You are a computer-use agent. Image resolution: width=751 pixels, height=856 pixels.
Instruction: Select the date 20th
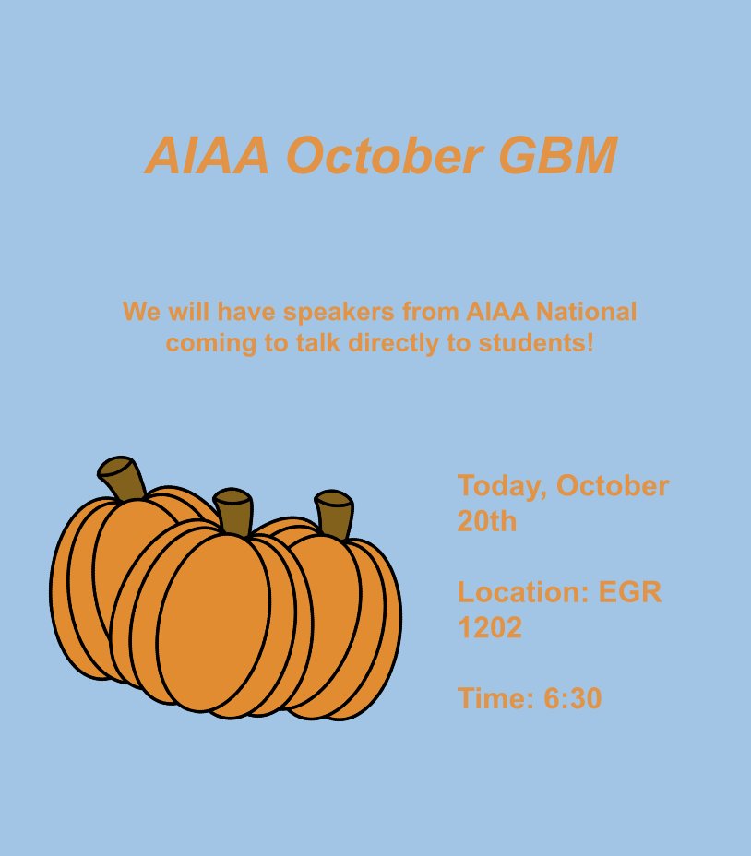pyautogui.click(x=487, y=522)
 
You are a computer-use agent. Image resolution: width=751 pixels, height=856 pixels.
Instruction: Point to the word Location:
pyautogui.click(x=524, y=592)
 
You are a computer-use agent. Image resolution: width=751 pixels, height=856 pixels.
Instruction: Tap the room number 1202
pyautogui.click(x=490, y=628)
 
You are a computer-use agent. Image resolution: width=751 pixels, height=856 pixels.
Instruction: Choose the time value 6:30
pyautogui.click(x=573, y=699)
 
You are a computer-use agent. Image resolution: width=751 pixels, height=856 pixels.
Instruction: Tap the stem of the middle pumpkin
pyautogui.click(x=233, y=511)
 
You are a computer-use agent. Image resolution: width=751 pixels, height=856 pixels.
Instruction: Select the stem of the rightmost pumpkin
pyautogui.click(x=335, y=516)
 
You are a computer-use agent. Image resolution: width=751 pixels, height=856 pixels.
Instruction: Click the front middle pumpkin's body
pyautogui.click(x=217, y=618)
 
